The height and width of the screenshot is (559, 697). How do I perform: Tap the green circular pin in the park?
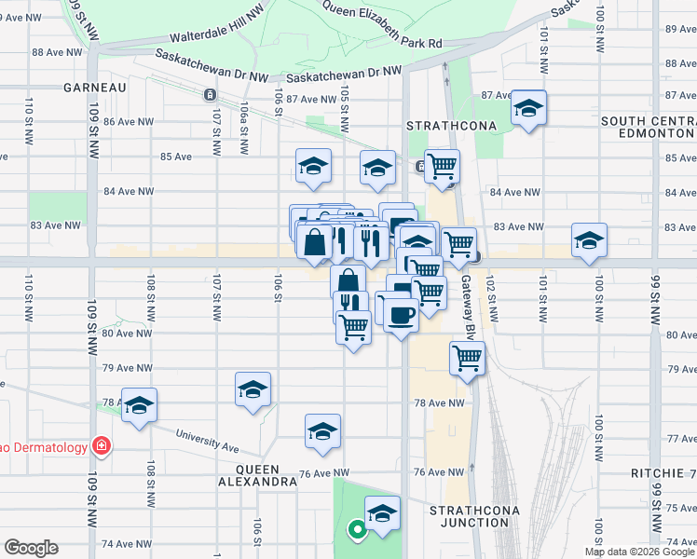click(x=356, y=531)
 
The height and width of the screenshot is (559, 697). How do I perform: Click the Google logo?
click(x=31, y=548)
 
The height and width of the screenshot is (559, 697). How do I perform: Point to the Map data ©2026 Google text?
click(x=638, y=552)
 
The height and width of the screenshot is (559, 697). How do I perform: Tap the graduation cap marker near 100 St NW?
click(x=589, y=240)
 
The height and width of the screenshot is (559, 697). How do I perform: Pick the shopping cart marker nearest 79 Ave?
click(x=467, y=357)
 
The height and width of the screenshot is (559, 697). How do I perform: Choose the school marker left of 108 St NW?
click(x=139, y=405)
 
